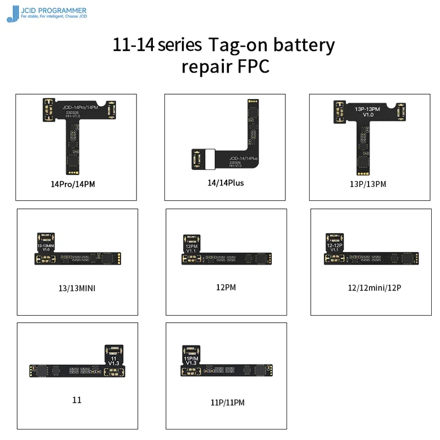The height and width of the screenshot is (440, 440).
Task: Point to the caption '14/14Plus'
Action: pyautogui.click(x=225, y=186)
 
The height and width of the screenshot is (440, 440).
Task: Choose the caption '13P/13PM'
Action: pyautogui.click(x=368, y=184)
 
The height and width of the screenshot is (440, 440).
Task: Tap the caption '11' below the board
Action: pyautogui.click(x=77, y=400)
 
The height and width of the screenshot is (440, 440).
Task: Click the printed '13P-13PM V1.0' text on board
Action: pyautogui.click(x=368, y=112)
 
